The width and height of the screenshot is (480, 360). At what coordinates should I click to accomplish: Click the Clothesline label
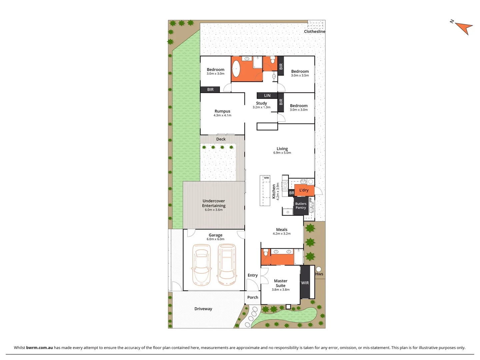[x=314, y=31]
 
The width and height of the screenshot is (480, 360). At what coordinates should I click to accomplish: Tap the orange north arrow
[x=464, y=27]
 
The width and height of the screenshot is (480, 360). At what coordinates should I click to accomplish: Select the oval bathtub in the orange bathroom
[x=236, y=69]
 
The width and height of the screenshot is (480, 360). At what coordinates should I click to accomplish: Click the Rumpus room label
[x=222, y=111]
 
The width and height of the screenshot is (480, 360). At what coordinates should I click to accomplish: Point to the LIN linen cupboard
[x=267, y=96]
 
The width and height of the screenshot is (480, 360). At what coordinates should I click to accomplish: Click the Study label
[x=261, y=103]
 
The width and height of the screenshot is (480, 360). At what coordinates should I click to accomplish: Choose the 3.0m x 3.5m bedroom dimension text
[x=300, y=76]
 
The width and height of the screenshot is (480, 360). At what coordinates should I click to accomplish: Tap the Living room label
[x=282, y=149]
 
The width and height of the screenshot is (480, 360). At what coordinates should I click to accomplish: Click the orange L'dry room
[x=304, y=190]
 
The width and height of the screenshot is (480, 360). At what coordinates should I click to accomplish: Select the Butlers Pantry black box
[x=301, y=206]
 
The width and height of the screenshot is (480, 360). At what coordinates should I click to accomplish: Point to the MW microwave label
[x=266, y=178]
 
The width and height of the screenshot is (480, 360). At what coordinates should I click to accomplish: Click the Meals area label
[x=282, y=230]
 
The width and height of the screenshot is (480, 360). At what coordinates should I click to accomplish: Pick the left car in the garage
[x=202, y=265]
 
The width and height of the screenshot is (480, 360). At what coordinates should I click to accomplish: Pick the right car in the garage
[x=227, y=265]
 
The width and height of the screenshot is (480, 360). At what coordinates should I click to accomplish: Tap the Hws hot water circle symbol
[x=319, y=269]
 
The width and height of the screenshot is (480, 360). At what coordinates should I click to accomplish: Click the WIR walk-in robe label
[x=305, y=283]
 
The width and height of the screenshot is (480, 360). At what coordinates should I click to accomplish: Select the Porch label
[x=253, y=297]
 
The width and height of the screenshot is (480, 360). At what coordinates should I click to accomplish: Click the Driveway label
[x=203, y=309]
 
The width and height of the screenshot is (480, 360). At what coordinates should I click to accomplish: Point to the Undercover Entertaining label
[x=214, y=203]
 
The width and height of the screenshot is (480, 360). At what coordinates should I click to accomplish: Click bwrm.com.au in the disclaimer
[x=39, y=348]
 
